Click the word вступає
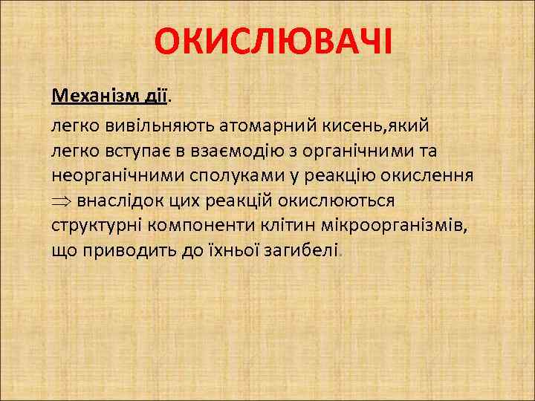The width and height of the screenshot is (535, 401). (131, 151)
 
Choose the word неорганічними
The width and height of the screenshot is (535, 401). (109, 177)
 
